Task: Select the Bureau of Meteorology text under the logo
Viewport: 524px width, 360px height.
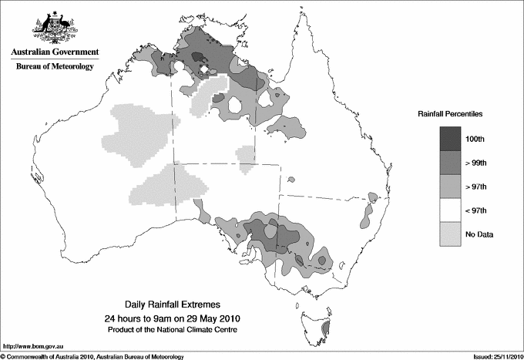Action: (55, 67)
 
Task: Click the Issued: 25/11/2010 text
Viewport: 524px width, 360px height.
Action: (495, 355)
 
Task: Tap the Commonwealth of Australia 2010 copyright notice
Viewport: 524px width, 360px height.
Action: (92, 355)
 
